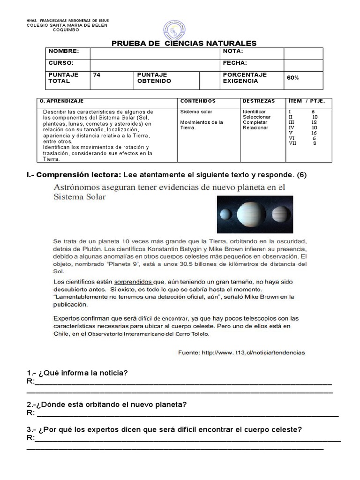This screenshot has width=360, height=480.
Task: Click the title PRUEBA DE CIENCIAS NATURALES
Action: click(x=184, y=44)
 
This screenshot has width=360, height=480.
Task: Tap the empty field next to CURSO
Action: click(x=155, y=63)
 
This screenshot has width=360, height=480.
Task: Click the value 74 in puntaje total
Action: click(x=97, y=75)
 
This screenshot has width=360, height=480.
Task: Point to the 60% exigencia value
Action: click(x=293, y=78)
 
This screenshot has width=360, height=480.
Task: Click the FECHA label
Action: click(x=235, y=63)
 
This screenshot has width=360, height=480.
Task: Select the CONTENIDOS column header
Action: click(x=198, y=101)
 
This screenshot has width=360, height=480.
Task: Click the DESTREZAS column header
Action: click(x=259, y=101)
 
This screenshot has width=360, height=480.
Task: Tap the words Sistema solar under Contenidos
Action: click(x=196, y=112)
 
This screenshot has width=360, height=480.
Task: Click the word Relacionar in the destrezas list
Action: click(x=255, y=127)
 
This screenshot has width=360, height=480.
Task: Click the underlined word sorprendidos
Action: click(x=133, y=282)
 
